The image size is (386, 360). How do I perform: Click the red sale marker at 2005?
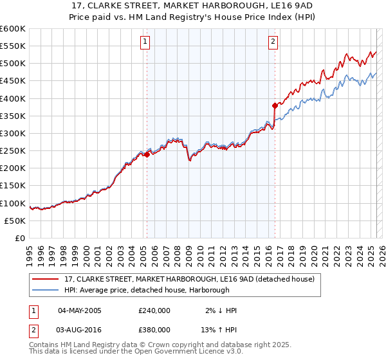click(x=147, y=154)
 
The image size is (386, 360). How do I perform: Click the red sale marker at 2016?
click(x=275, y=105)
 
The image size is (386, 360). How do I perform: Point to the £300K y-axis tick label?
click(x=13, y=133)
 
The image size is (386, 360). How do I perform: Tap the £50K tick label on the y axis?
click(x=15, y=221)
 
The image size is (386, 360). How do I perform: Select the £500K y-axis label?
click(x=13, y=63)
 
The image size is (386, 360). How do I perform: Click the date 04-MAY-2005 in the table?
click(x=80, y=310)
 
